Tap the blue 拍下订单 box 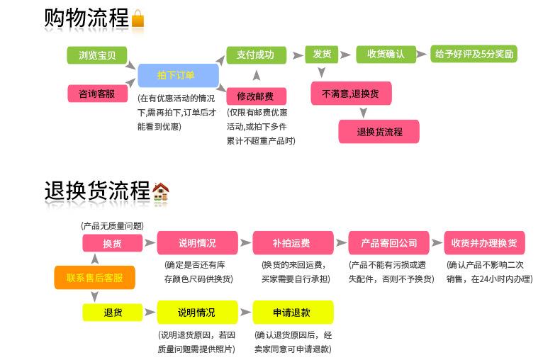tap(177, 74)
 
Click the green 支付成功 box tap(256, 55)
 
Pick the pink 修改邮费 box tap(255, 96)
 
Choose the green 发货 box tap(322, 55)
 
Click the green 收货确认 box tap(386, 55)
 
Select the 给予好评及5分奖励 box tap(474, 55)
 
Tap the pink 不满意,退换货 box tap(350, 93)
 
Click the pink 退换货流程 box tap(379, 132)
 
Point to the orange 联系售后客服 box tap(95, 278)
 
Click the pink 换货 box tap(112, 243)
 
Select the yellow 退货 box tap(112, 312)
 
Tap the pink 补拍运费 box tap(292, 243)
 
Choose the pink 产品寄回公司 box tap(388, 243)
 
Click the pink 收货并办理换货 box tap(484, 243)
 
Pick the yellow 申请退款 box tap(292, 312)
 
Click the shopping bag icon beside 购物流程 tap(138, 19)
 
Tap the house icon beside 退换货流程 tap(161, 191)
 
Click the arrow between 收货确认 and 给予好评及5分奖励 tap(422, 55)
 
